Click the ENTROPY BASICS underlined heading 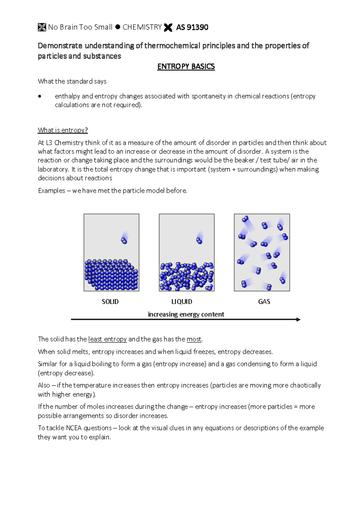(x=186, y=67)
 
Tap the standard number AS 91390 (x=192, y=27)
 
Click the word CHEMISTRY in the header (x=142, y=27)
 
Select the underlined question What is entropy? (x=63, y=130)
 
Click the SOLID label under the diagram (x=110, y=302)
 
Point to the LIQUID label (x=182, y=302)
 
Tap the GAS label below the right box (x=264, y=302)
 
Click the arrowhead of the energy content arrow (x=298, y=319)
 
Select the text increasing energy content (x=186, y=314)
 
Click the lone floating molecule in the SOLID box (x=124, y=240)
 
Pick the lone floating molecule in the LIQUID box (x=199, y=240)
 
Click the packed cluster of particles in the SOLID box (x=111, y=275)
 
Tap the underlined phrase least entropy (x=107, y=339)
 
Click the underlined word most (x=194, y=339)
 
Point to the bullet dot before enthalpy (x=40, y=97)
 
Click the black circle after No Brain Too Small (x=118, y=27)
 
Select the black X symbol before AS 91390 (x=168, y=28)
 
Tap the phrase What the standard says (x=72, y=81)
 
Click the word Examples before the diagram (x=51, y=191)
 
